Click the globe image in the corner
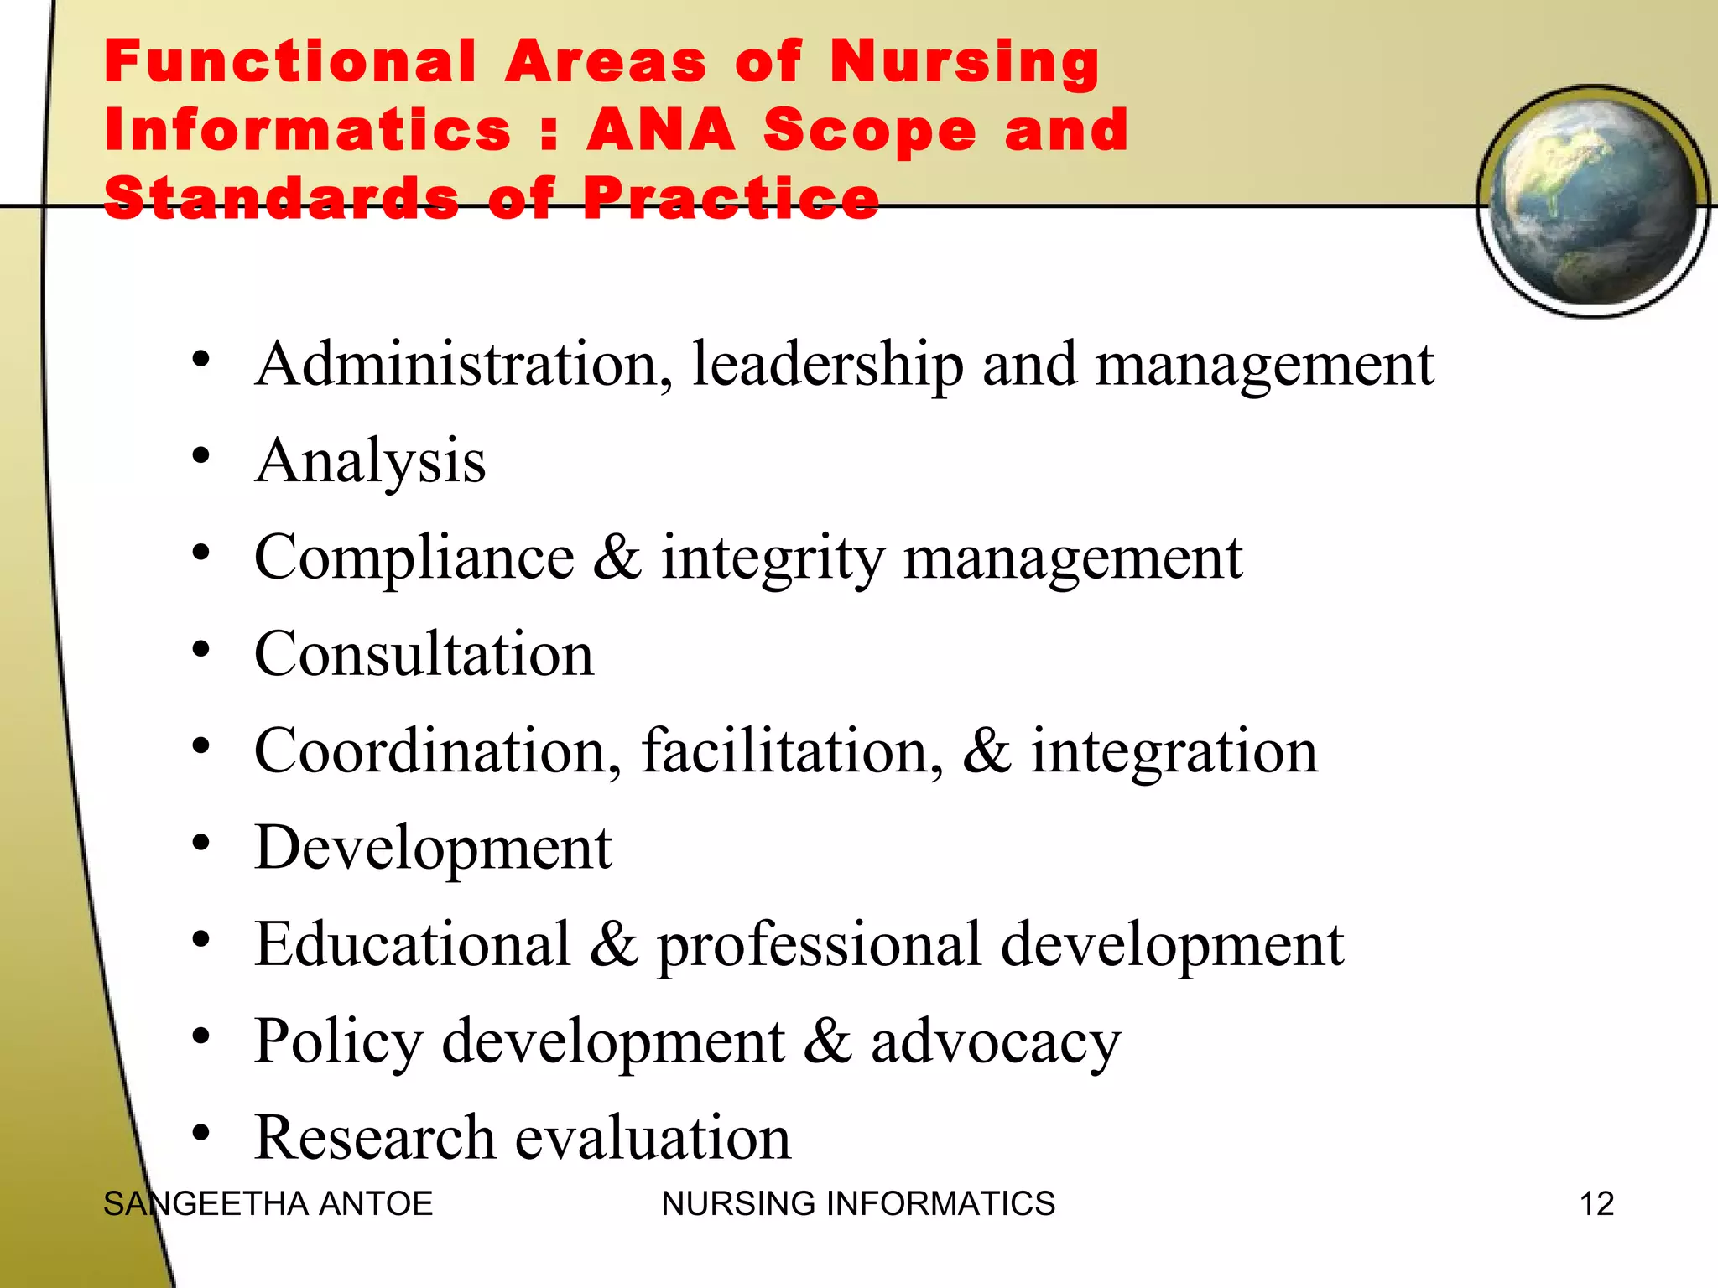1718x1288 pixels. pyautogui.click(x=1592, y=201)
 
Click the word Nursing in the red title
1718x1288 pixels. pyautogui.click(x=965, y=63)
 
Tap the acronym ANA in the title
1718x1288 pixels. pyautogui.click(x=660, y=131)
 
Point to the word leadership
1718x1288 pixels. pyautogui.click(x=827, y=366)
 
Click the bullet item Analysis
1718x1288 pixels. pyautogui.click(x=370, y=462)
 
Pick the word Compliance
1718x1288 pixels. pyautogui.click(x=414, y=558)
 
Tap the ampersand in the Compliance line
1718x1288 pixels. pyautogui.click(x=617, y=558)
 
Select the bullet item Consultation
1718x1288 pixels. pyautogui.click(x=424, y=655)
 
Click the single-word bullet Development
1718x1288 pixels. pyautogui.click(x=433, y=848)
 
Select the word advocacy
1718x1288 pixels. pyautogui.click(x=995, y=1042)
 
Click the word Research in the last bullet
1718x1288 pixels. pyautogui.click(x=374, y=1138)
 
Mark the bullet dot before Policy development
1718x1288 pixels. pyautogui.click(x=200, y=1037)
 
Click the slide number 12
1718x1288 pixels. pyautogui.click(x=1596, y=1204)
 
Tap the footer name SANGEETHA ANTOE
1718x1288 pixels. pyautogui.click(x=268, y=1204)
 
